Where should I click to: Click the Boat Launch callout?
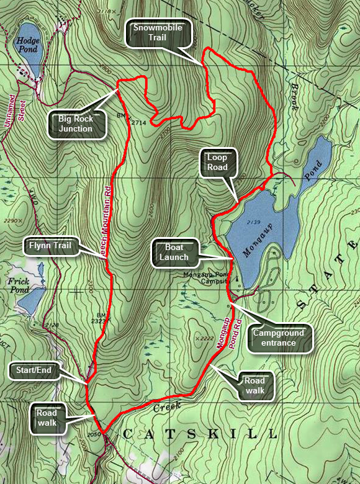pos(173,253)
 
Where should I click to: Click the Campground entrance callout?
pos(278,338)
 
